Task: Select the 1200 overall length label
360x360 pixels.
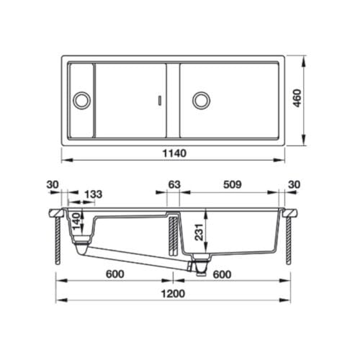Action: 173,293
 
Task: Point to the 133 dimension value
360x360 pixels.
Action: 93,193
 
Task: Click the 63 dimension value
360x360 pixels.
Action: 174,185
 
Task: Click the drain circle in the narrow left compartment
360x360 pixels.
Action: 81,99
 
